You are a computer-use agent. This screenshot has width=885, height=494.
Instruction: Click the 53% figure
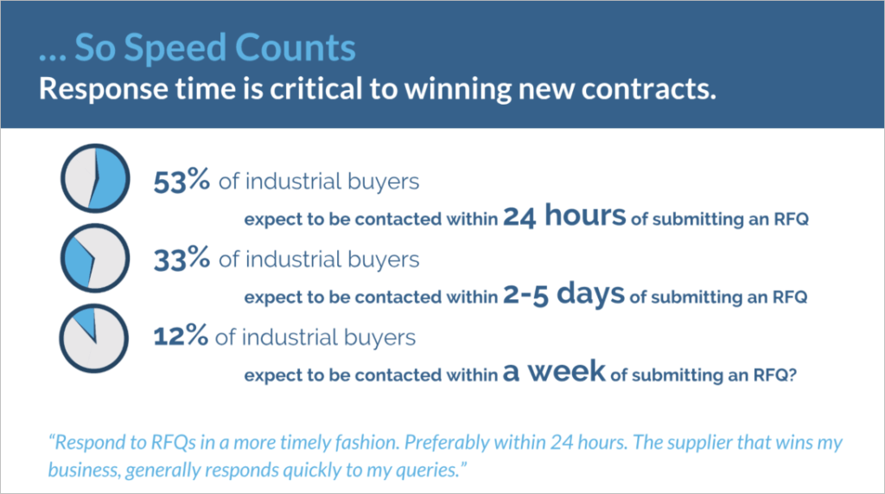click(x=181, y=181)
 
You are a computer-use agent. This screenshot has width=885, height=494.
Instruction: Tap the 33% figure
click(x=181, y=259)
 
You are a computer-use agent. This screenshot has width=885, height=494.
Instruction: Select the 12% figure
click(x=181, y=337)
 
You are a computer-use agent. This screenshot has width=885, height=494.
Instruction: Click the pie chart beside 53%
click(x=95, y=178)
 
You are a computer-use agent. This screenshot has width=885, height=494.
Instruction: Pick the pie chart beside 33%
click(x=95, y=259)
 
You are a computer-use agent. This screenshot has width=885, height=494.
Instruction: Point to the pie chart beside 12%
click(x=94, y=338)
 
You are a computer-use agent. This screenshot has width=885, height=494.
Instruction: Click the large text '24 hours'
click(x=564, y=216)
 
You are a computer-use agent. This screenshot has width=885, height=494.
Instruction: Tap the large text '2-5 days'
click(x=563, y=294)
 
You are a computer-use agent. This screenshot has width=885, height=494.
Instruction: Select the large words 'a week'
click(x=554, y=371)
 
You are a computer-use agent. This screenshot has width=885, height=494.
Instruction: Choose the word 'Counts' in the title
click(x=295, y=48)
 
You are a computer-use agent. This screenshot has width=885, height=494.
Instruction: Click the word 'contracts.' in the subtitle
click(x=648, y=89)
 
